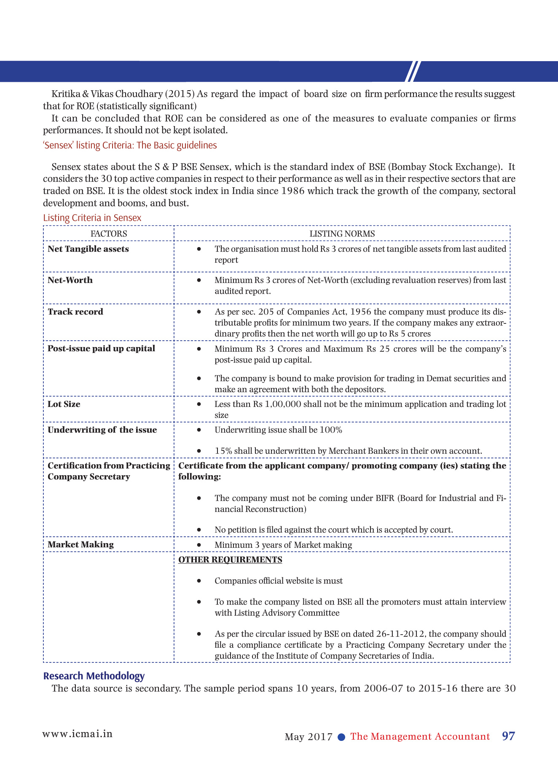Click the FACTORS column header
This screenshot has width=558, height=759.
pos(109,234)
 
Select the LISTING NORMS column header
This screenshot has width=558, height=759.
pos(342,234)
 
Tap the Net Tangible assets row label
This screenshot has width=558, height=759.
pos(88,249)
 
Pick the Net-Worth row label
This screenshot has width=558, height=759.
pos(70,280)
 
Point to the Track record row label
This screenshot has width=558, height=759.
pos(75,312)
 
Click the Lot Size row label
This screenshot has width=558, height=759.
pos(64,404)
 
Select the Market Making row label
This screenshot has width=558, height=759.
pos(80,544)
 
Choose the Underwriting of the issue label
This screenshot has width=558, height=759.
pos(102,430)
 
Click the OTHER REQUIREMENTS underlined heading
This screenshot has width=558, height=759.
pos(230,560)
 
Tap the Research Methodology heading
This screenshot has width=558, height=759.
pos(94,676)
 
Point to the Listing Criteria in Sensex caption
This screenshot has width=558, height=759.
pos(92,218)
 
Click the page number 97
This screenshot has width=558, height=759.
pos(508,736)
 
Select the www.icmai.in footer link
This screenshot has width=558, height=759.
pos(77,734)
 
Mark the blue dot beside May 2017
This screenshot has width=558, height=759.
pos(342,737)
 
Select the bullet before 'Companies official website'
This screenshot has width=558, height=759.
pos(199,581)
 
